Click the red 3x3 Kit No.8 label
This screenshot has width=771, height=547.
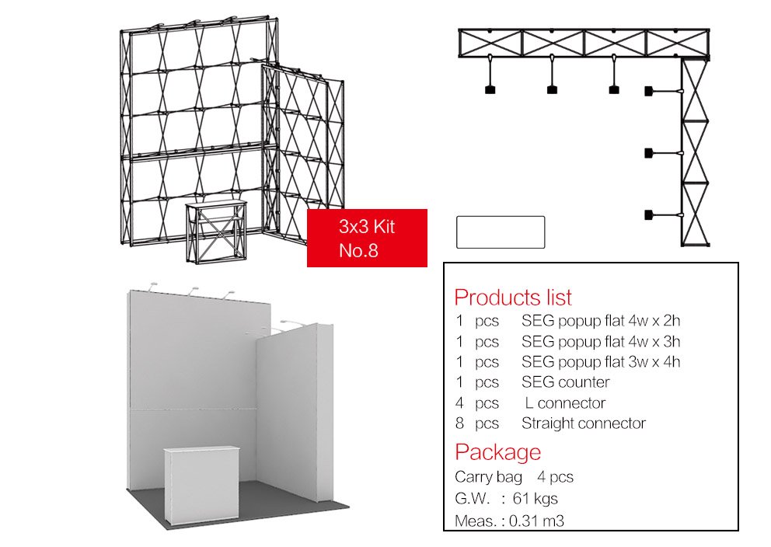point(367,238)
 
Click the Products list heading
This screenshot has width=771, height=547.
point(513,298)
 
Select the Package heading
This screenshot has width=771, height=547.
point(497,452)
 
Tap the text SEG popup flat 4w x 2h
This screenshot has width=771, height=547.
point(600,320)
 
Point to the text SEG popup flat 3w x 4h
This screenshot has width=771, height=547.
point(600,362)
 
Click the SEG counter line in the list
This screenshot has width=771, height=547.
point(566,382)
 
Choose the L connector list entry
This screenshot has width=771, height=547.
point(565,403)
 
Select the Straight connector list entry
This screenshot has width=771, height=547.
point(584,423)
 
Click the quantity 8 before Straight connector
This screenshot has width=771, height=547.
point(459,423)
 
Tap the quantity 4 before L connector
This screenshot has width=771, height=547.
point(459,403)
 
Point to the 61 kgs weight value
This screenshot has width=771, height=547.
point(535,498)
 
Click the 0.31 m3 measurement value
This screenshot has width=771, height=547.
point(536,521)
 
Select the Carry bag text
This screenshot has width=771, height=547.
point(488,477)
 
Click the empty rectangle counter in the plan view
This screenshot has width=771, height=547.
point(501,232)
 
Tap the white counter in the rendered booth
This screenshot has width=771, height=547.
point(201,485)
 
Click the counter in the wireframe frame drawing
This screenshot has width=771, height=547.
point(216,232)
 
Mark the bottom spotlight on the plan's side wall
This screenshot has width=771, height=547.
point(664,215)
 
